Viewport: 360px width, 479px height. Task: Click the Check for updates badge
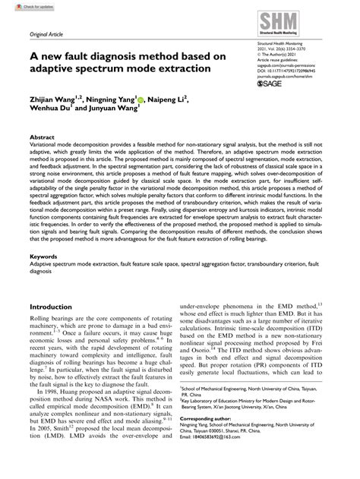point(23,7)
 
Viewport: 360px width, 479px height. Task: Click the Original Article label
point(47,36)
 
